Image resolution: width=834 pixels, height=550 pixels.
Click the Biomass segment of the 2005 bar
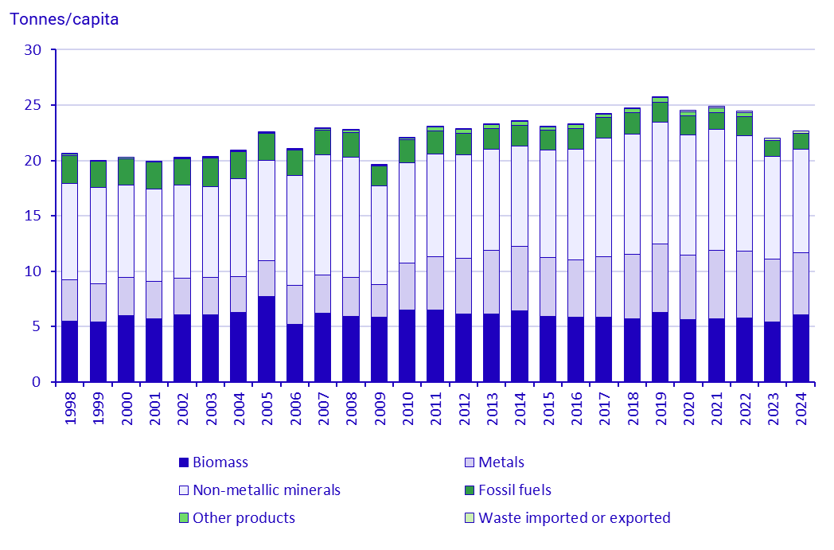266,339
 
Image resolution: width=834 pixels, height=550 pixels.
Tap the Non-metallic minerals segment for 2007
322,215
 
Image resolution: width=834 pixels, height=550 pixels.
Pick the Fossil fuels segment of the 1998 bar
69,169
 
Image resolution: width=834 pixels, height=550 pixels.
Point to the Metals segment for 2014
519,278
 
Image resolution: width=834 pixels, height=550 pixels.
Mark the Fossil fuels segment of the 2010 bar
407,150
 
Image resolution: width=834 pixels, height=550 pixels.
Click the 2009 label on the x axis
379,407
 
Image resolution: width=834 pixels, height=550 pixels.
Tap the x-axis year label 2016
575,407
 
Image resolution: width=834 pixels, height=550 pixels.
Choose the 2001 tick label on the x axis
154,407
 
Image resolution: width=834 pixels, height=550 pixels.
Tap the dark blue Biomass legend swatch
184,462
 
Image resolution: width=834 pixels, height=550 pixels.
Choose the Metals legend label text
501,462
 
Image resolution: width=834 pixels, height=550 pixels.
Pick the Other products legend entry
244,518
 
